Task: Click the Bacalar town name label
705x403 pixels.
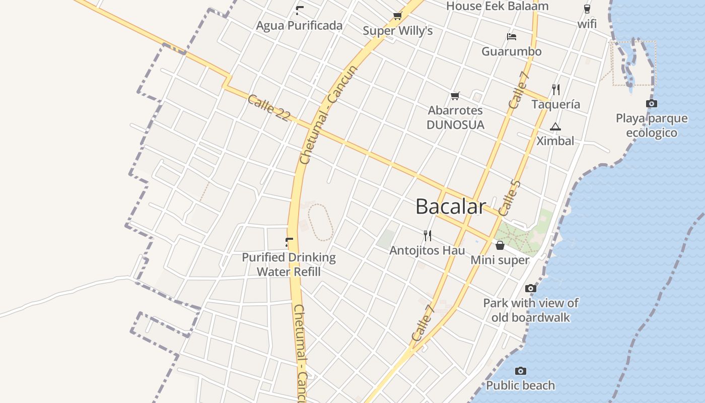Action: (451, 207)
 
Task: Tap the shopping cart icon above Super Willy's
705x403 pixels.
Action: (397, 16)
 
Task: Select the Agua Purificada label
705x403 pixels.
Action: (299, 26)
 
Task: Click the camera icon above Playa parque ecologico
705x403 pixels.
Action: (651, 104)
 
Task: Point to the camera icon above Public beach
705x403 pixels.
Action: (521, 371)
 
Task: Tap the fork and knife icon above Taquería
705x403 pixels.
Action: (556, 90)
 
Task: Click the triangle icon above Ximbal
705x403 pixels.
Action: (555, 126)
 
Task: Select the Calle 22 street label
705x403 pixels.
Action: (269, 107)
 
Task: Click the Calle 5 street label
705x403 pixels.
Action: (509, 198)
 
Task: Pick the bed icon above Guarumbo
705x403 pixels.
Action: (512, 37)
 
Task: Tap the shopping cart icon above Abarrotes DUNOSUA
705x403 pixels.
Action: (455, 96)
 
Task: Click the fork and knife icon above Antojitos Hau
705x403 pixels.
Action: (428, 235)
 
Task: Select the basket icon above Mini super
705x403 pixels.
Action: (500, 246)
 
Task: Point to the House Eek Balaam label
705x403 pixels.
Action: (497, 7)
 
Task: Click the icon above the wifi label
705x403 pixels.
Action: (587, 9)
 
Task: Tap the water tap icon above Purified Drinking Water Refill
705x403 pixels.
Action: (289, 242)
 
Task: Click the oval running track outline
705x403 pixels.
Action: (320, 222)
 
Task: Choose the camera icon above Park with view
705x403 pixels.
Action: (530, 289)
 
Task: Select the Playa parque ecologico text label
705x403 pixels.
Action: (652, 125)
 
